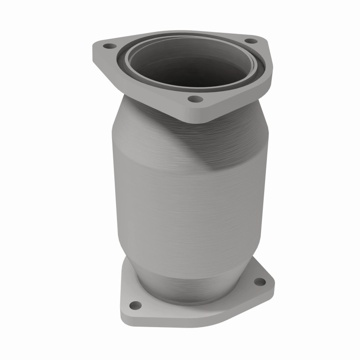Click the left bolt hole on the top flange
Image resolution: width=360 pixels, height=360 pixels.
[108, 46]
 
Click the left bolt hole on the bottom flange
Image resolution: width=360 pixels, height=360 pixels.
[135, 306]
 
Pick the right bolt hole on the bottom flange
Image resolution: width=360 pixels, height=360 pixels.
[260, 282]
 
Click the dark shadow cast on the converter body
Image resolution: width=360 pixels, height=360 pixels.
[216, 144]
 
